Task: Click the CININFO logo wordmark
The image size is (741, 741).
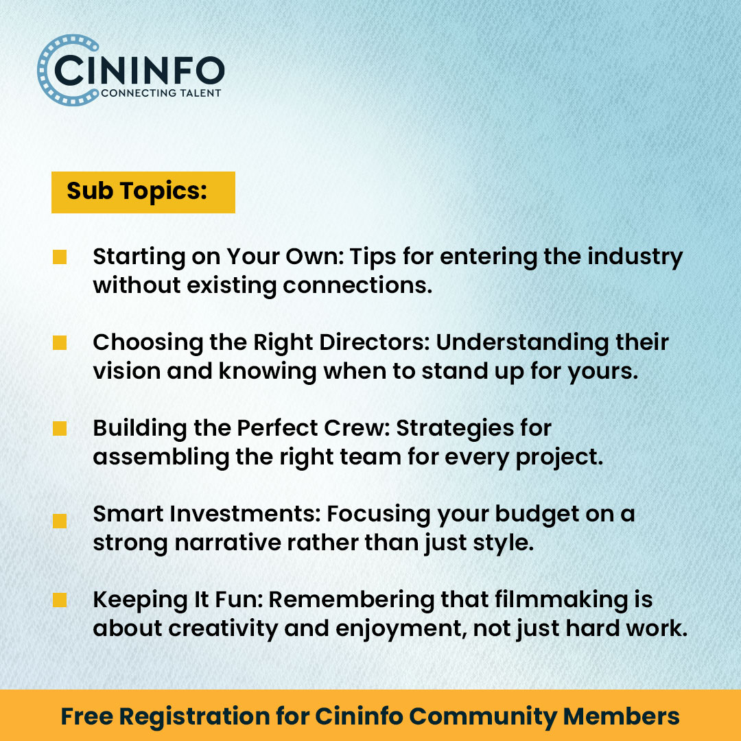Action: (x=140, y=71)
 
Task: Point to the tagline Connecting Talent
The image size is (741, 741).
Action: (x=161, y=93)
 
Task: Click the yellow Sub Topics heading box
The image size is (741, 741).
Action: (x=143, y=192)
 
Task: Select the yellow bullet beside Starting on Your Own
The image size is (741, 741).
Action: (x=60, y=257)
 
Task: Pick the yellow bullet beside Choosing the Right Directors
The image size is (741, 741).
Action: (x=60, y=342)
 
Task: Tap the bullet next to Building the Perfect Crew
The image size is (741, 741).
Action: (x=60, y=429)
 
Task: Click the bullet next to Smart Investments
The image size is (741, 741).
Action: (x=60, y=521)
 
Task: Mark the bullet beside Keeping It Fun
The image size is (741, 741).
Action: (x=60, y=600)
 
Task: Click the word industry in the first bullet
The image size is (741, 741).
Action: (x=635, y=257)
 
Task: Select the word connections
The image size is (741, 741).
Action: (x=357, y=285)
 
